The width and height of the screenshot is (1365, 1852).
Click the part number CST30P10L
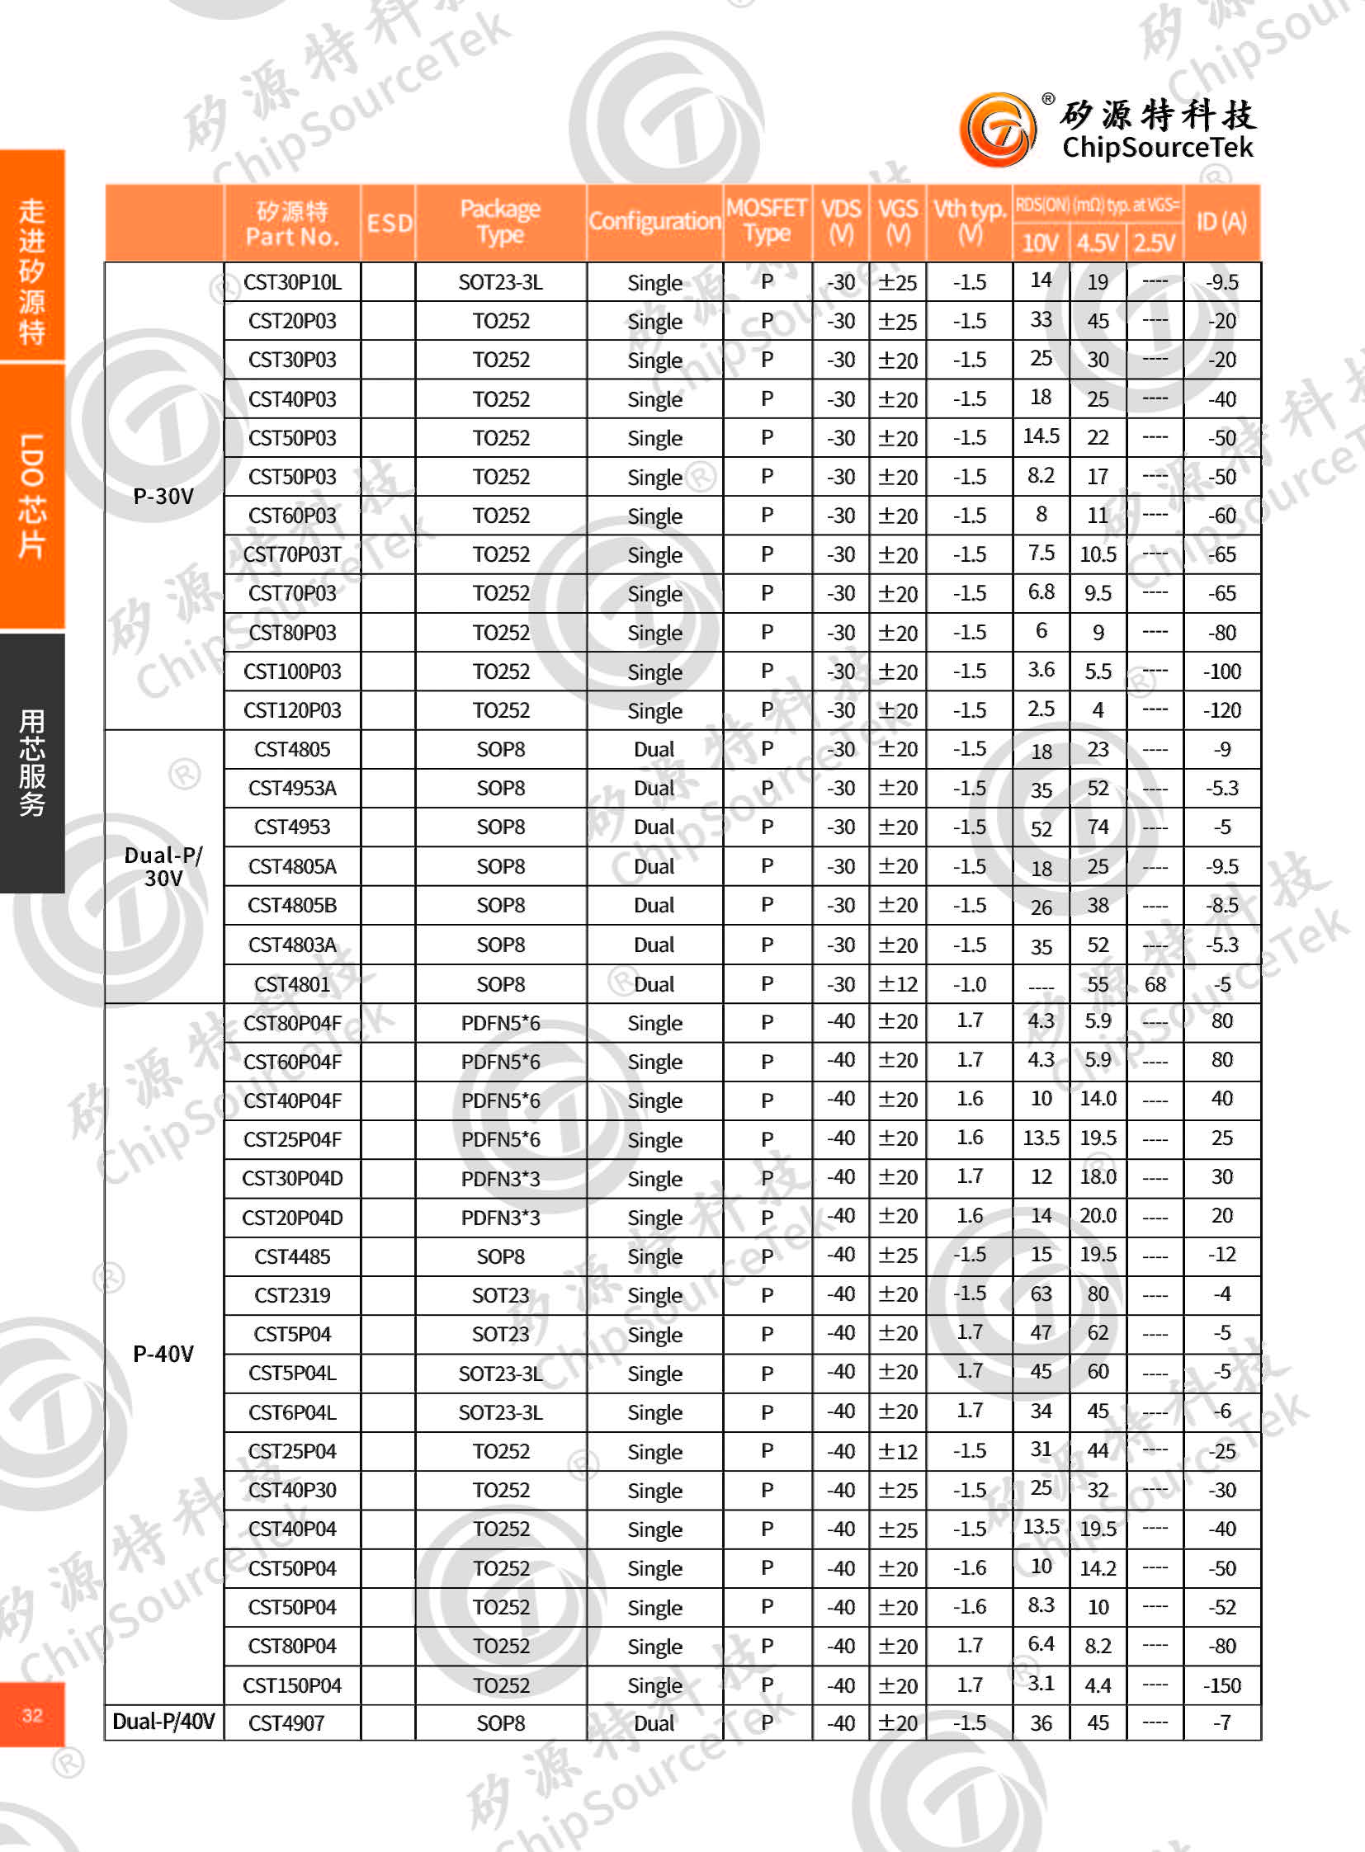(x=291, y=282)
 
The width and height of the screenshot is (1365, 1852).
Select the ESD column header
(x=389, y=223)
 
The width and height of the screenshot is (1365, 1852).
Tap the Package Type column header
(x=500, y=221)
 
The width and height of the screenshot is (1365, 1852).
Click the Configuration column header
(x=654, y=221)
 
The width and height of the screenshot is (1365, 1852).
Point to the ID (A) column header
(x=1221, y=221)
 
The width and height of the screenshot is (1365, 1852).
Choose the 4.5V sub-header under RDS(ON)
(x=1098, y=243)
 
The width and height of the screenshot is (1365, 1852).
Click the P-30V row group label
(x=163, y=497)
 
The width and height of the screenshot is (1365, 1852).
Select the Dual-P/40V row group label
(x=163, y=1722)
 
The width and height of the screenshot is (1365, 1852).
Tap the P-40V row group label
(x=163, y=1354)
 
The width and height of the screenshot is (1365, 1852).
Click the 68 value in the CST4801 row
(x=1155, y=985)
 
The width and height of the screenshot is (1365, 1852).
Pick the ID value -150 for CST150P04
(x=1221, y=1685)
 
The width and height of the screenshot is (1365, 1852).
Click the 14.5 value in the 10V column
(x=1041, y=436)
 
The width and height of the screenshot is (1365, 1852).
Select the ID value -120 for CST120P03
(x=1221, y=710)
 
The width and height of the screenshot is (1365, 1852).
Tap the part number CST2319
(x=291, y=1295)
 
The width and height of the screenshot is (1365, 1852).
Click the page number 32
(x=32, y=1715)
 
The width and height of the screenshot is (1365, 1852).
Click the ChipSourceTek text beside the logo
(x=1157, y=147)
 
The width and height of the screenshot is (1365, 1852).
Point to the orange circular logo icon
(x=997, y=130)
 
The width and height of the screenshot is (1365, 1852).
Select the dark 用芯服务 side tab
(x=32, y=762)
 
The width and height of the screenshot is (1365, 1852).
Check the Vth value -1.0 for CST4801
(x=969, y=985)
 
